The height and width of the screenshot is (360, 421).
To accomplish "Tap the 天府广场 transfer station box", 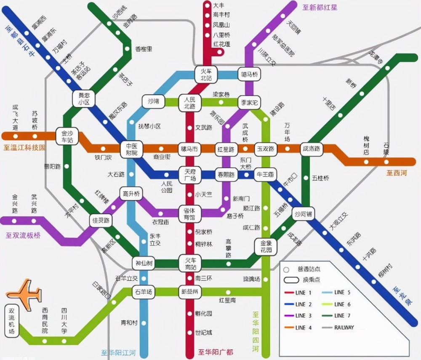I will [188, 175].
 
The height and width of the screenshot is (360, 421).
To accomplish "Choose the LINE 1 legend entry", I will [300, 292].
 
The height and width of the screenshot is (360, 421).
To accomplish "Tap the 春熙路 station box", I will [225, 174].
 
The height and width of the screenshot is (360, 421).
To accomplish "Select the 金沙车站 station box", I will [67, 136].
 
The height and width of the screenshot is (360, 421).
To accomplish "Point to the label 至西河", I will [397, 173].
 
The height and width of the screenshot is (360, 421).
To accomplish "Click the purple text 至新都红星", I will [320, 7].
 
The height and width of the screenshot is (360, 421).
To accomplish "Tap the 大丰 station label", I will [218, 5].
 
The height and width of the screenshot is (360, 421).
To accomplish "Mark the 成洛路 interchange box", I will [312, 149].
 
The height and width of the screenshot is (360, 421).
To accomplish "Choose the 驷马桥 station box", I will [249, 75].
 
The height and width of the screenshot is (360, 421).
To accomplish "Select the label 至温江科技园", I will [24, 147].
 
